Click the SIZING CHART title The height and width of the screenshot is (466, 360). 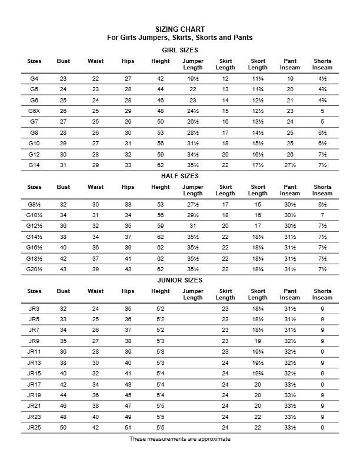180,29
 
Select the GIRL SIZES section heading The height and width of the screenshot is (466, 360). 180,50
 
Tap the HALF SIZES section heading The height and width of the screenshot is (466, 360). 180,176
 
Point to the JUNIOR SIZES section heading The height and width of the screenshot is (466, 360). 180,281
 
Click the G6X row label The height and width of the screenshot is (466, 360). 34,111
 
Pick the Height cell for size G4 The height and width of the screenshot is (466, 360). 160,78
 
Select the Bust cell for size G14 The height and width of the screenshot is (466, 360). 63,165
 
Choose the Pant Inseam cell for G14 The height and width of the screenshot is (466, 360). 290,165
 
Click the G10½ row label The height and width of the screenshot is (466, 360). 34,215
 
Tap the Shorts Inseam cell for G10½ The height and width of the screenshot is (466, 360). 322,215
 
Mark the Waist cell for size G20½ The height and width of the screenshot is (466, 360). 95,269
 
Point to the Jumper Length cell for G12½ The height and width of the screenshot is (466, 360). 193,226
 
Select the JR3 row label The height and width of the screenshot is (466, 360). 34,308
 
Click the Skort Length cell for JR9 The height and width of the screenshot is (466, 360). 258,341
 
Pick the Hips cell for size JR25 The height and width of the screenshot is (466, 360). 128,427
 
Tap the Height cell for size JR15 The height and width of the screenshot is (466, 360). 160,373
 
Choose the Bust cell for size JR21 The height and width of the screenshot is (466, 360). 63,405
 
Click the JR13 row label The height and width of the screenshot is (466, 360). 34,362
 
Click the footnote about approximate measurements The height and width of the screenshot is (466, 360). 180,439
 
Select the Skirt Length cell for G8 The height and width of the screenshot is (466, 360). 225,132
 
